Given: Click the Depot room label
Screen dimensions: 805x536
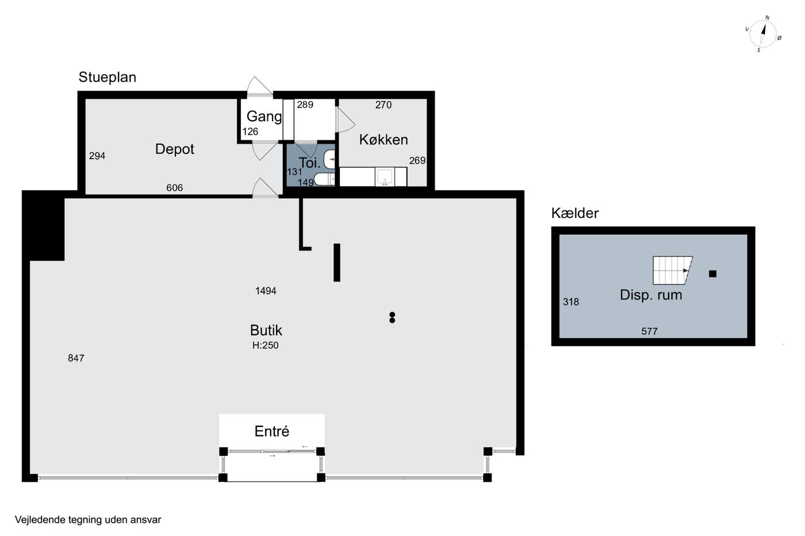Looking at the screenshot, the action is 175,149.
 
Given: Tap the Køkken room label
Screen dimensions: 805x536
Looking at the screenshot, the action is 384,140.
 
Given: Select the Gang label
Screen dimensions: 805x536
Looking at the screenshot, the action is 264,117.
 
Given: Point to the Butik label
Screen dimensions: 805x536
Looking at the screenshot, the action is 266,330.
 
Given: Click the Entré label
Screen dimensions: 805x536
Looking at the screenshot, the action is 271,431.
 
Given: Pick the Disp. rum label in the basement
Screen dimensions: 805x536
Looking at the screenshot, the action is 651,295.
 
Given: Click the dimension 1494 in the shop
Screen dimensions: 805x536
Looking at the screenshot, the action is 266,291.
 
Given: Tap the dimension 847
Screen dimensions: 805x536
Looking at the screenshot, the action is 76,358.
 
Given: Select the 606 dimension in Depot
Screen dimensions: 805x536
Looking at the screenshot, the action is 174,188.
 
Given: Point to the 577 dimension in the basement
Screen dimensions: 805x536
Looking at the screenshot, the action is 649,331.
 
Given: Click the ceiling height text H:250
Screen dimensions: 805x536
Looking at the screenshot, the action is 265,345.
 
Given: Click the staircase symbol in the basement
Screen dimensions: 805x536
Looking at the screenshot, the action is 672,271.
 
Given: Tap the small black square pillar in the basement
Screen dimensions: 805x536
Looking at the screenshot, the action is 712,274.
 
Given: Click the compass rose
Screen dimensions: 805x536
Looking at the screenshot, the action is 762,34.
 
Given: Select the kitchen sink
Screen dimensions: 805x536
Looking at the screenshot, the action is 385,176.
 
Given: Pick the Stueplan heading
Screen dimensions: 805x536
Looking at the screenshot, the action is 108,78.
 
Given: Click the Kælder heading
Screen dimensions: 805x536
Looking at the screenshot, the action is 575,213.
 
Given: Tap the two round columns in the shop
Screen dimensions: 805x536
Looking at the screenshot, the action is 392,317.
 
